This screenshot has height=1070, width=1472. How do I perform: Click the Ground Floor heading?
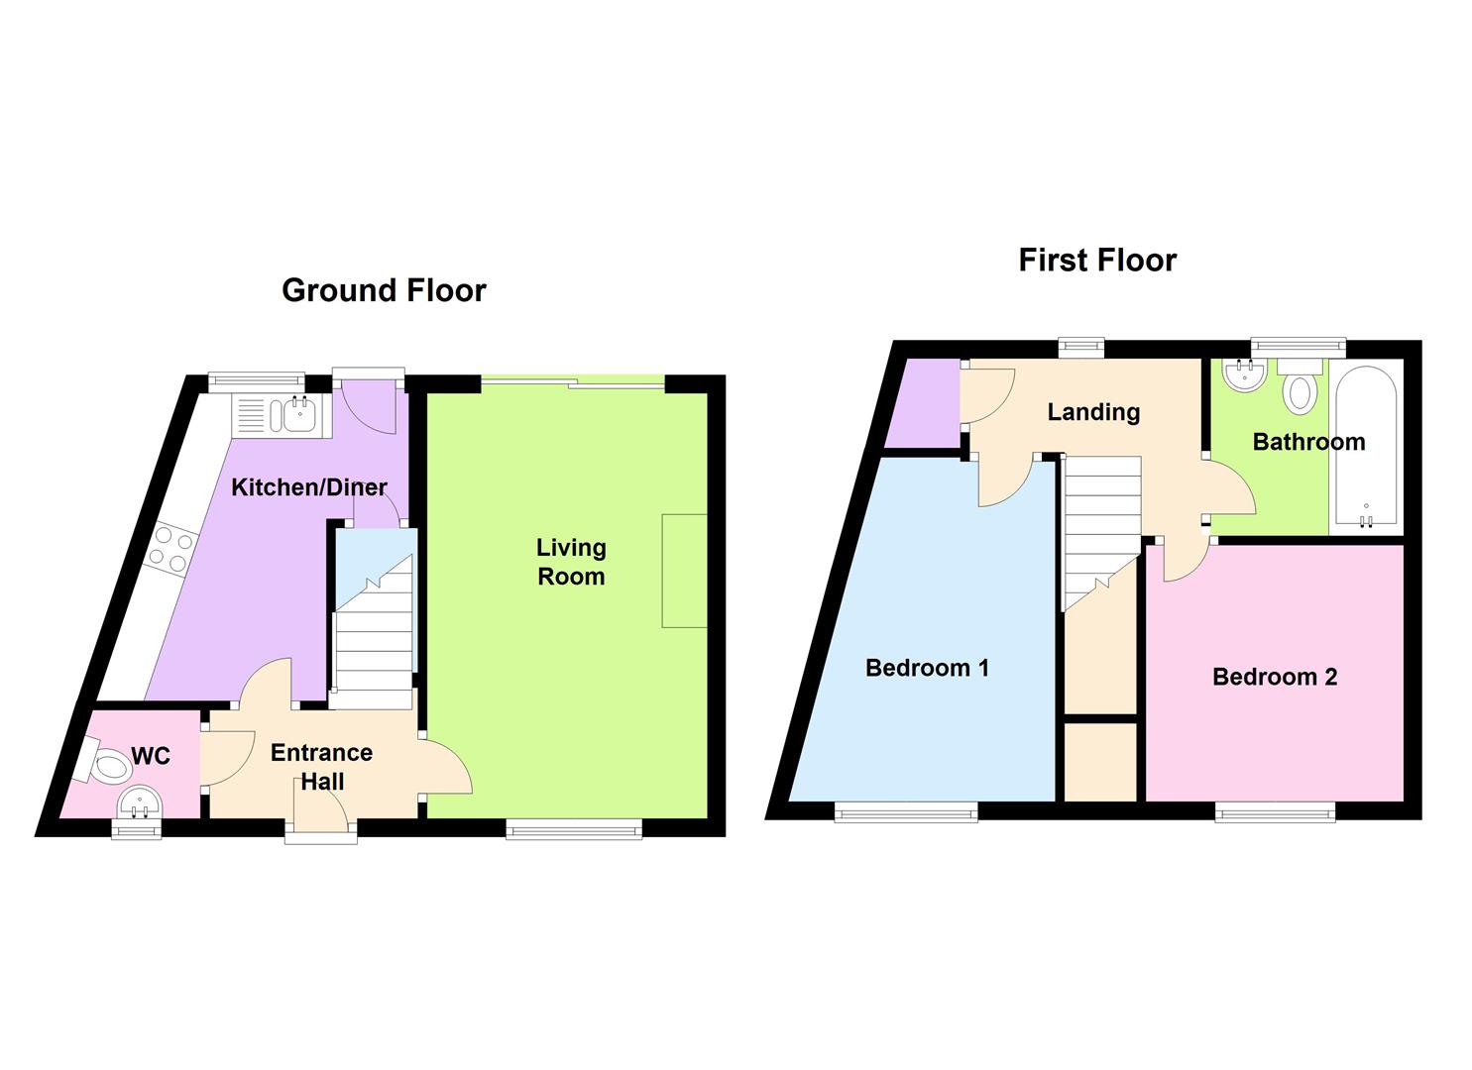click(x=384, y=290)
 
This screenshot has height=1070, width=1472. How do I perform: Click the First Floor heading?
click(x=1097, y=260)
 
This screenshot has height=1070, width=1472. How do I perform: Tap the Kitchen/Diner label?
click(x=308, y=486)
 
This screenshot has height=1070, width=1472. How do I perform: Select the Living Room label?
click(x=571, y=562)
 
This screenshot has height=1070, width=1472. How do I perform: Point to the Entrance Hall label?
click(x=321, y=766)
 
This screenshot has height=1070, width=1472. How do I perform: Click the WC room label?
click(x=151, y=756)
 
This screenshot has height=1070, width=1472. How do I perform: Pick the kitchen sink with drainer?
click(x=274, y=414)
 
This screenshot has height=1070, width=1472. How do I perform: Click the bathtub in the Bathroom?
click(x=1366, y=447)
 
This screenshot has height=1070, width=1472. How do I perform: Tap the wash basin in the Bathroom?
click(x=1244, y=374)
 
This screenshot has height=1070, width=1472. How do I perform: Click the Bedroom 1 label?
click(x=927, y=668)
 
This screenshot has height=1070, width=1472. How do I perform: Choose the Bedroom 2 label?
click(x=1275, y=677)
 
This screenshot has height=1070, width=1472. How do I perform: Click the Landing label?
click(x=1093, y=411)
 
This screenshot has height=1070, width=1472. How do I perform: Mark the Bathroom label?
click(x=1308, y=442)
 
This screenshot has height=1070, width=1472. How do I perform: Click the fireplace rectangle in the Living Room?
click(x=685, y=571)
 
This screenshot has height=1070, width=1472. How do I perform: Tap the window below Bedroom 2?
click(x=1275, y=812)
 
